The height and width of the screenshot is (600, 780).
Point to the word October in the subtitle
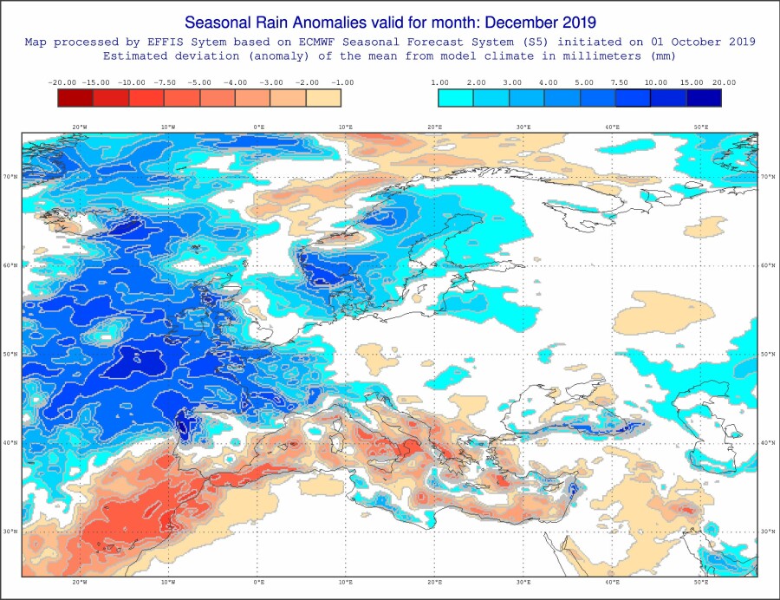coord(675,42)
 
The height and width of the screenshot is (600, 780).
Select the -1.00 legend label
coord(341,82)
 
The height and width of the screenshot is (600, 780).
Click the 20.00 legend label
coord(725,82)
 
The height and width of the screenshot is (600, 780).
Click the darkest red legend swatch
coord(75,97)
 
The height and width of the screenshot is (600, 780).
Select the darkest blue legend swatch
coord(704,97)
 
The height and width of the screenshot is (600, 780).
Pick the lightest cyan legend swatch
coord(456,97)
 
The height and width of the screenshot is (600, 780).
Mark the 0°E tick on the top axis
coord(258,127)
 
